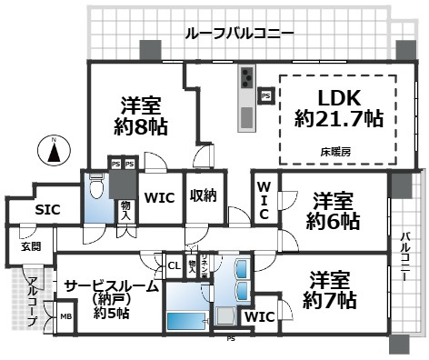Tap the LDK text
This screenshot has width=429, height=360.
(x=339, y=97)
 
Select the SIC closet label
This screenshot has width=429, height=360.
(x=47, y=210)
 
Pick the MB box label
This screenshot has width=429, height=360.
(x=65, y=317)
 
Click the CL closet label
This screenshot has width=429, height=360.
(x=174, y=265)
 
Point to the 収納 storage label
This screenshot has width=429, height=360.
(x=203, y=195)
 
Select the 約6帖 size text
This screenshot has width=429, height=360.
(x=333, y=221)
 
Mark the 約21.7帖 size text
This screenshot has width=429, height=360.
(x=338, y=118)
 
